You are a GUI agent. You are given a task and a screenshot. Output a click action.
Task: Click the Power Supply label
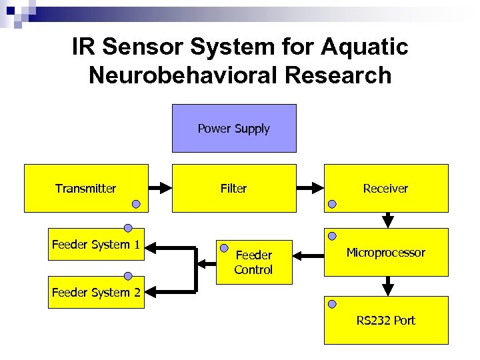(x=233, y=129)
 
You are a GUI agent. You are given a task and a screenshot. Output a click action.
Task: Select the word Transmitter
(x=85, y=189)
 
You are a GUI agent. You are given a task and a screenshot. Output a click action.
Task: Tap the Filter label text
(x=233, y=189)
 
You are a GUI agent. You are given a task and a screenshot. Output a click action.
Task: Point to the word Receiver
(x=385, y=189)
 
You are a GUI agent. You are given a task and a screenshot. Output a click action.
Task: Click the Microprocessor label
(x=385, y=253)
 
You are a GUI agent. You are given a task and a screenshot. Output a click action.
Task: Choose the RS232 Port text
(x=385, y=321)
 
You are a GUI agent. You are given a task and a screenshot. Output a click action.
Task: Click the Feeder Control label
(x=253, y=263)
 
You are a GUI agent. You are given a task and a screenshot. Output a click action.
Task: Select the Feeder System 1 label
(x=96, y=245)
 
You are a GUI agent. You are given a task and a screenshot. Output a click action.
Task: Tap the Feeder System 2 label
(x=96, y=293)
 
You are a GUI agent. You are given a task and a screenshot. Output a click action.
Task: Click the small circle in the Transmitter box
(x=136, y=204)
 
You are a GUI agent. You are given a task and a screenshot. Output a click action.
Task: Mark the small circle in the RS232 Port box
(x=332, y=304)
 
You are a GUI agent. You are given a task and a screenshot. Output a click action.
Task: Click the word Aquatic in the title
(x=365, y=48)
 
